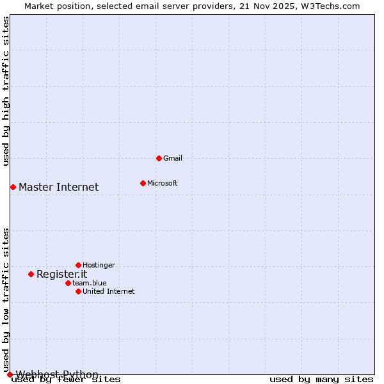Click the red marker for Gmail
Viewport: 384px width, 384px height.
[x=159, y=158]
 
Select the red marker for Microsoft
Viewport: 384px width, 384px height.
[x=143, y=183]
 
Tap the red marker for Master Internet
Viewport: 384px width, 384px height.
[x=13, y=187]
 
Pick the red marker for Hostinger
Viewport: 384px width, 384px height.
[x=78, y=265]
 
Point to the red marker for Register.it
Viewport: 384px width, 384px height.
[x=31, y=274]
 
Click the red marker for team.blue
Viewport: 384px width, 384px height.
[x=68, y=283]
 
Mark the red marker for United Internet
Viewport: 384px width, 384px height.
[x=78, y=291]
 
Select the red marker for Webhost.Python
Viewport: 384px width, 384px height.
[x=10, y=374]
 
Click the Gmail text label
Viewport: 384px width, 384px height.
[x=173, y=158]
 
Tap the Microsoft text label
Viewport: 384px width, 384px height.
[x=162, y=183]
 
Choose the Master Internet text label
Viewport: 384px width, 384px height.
[x=58, y=187]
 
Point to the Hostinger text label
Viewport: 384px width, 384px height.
[x=99, y=265]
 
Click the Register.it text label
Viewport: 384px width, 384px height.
[x=61, y=274]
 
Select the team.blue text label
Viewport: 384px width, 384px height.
[x=89, y=283]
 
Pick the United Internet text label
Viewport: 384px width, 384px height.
[x=108, y=291]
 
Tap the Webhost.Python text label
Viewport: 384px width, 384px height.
[x=57, y=374]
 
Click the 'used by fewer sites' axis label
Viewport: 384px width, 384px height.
[x=66, y=380]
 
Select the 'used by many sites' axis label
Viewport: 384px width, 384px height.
[x=321, y=380]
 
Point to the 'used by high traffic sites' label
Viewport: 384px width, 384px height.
[x=6, y=91]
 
